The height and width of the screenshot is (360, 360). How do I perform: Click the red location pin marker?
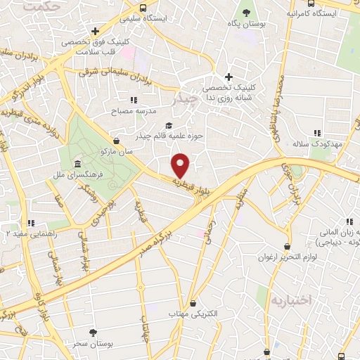(181, 165)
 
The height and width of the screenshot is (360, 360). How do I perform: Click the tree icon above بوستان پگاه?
(246, 12)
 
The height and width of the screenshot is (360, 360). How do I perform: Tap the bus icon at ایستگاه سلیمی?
(143, 8)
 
